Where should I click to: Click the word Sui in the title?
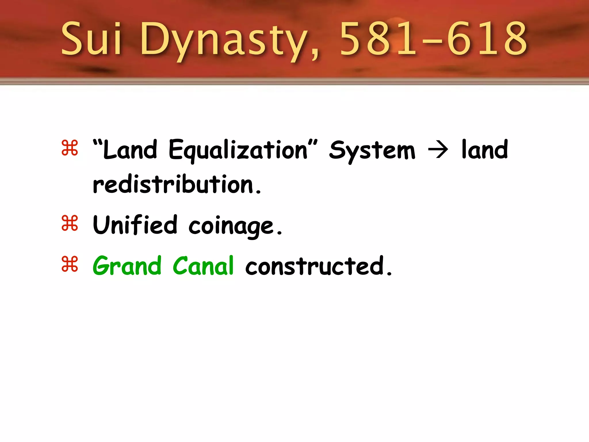(91, 39)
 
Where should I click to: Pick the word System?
(372, 150)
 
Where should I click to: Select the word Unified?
(135, 225)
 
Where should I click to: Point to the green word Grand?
(127, 266)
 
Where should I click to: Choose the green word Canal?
(203, 266)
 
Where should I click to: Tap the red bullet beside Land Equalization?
(70, 148)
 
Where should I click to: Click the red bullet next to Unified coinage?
(70, 223)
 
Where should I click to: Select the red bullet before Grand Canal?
(70, 264)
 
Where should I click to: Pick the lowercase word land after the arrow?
(485, 149)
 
